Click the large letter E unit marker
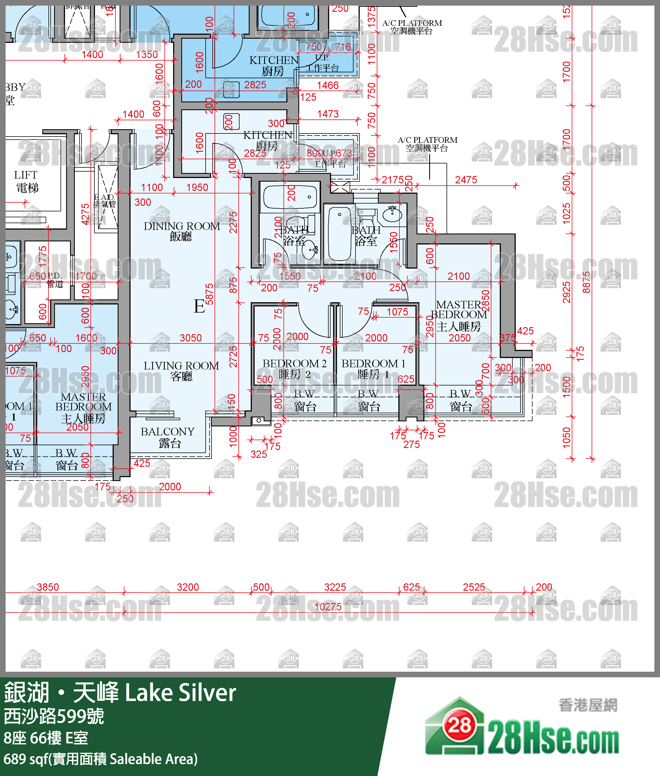coord(199,306)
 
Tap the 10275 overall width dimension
coord(328,607)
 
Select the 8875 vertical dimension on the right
coord(586,282)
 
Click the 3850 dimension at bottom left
coord(48,587)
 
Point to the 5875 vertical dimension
coord(209,294)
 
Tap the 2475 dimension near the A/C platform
coord(466,180)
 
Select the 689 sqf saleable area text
coord(100,759)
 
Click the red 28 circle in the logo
coord(459,726)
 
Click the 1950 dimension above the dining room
coord(197,187)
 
